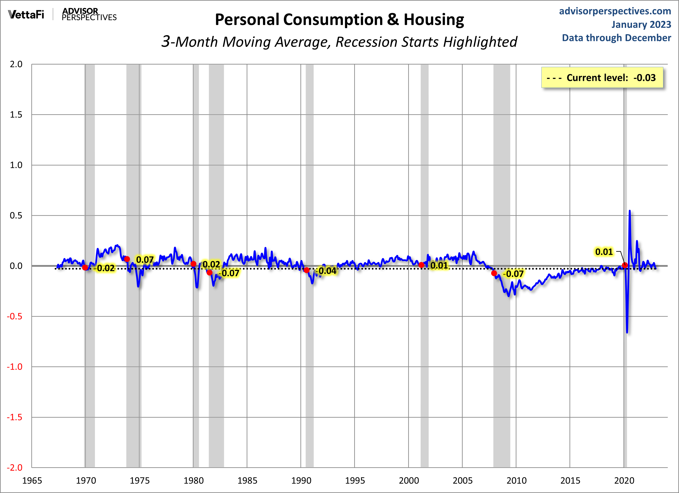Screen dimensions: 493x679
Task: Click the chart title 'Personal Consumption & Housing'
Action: coord(340,20)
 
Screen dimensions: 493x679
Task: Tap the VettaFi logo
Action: coord(26,14)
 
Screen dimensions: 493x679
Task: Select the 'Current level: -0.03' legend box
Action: coord(602,78)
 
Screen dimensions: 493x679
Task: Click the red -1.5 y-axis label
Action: coord(15,417)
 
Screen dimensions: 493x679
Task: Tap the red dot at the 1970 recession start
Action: coord(85,268)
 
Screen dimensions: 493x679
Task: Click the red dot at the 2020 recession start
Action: coord(625,265)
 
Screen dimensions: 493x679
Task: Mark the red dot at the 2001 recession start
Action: coord(421,265)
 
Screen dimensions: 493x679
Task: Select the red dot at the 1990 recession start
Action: coord(307,270)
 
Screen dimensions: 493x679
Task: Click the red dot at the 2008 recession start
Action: coord(494,273)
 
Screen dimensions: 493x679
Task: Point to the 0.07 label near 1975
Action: coord(145,260)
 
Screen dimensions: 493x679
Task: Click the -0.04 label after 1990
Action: coord(327,271)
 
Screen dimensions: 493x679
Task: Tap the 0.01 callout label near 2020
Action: coord(604,252)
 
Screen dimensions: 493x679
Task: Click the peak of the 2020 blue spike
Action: coord(630,211)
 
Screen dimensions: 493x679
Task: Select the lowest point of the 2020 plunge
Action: coord(627,332)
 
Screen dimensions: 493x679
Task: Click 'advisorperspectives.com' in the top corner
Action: coord(615,11)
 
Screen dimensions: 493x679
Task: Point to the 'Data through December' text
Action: coord(617,38)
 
